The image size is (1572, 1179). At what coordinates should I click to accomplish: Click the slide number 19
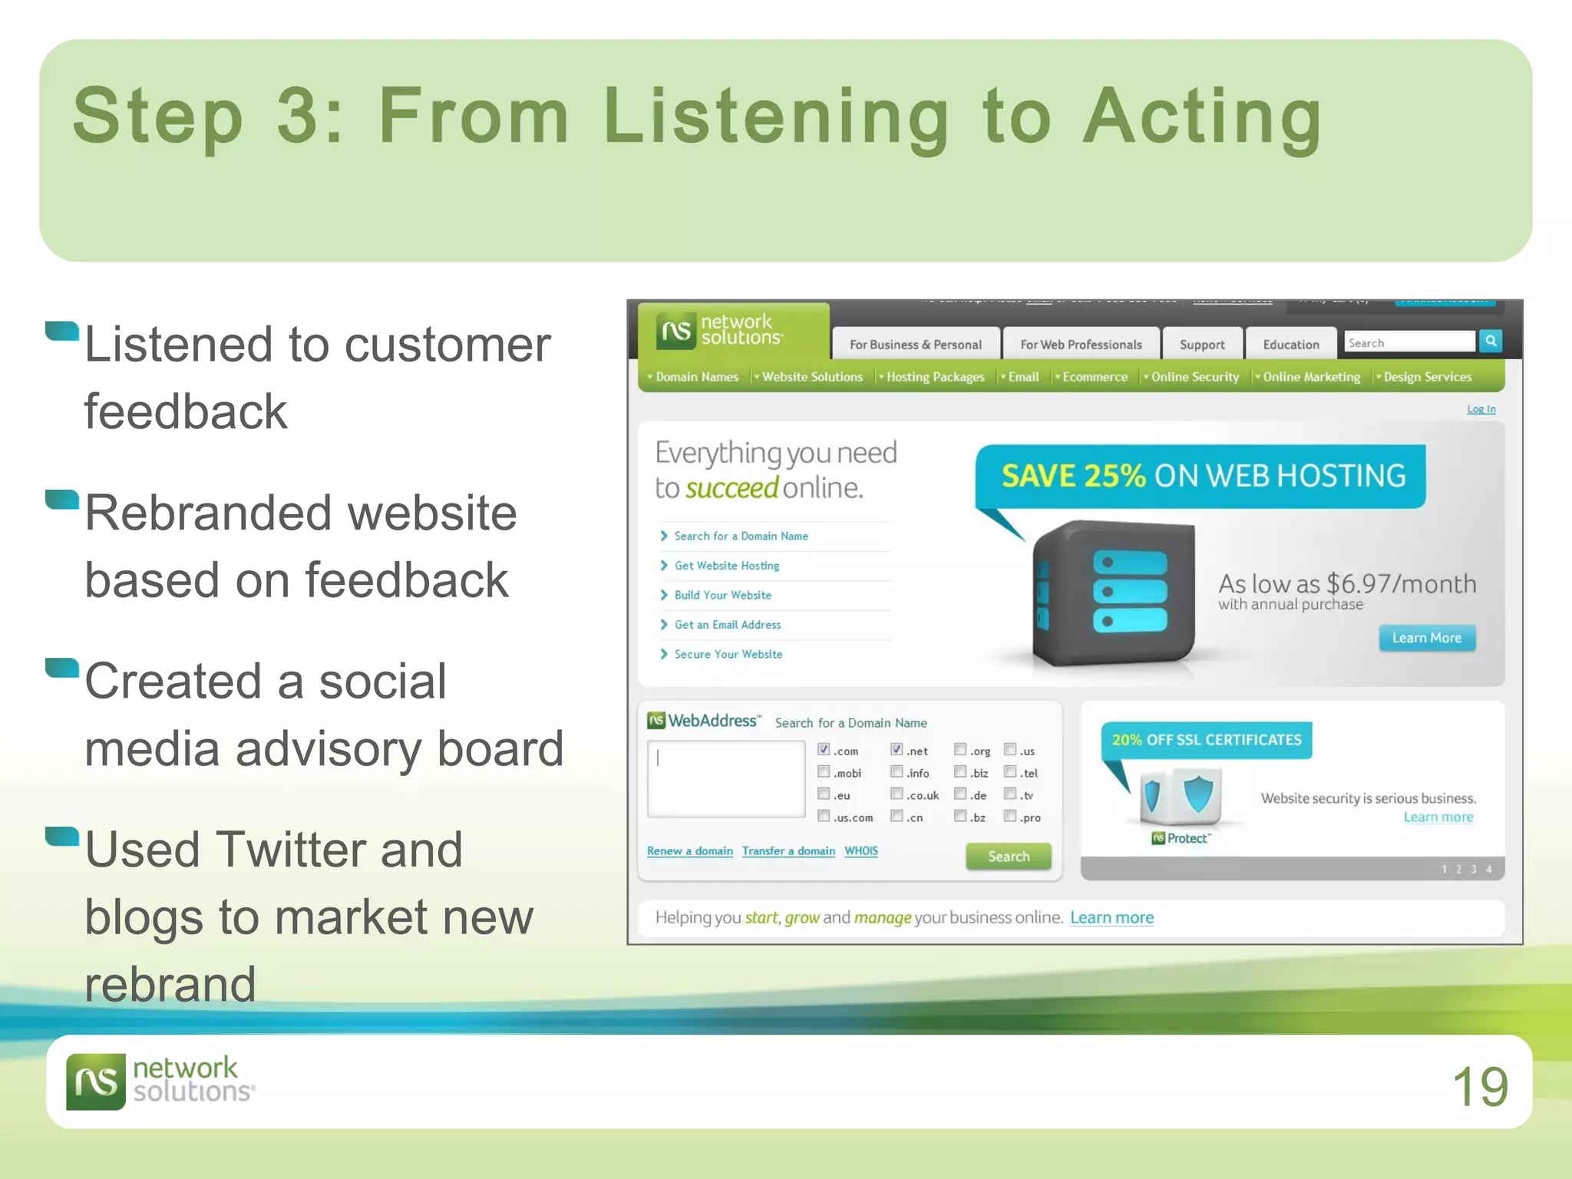[1480, 1086]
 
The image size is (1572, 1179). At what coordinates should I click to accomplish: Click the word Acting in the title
[1202, 117]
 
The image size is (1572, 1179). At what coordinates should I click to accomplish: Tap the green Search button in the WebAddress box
[1008, 856]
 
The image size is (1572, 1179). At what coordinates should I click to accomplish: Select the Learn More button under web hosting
[1426, 638]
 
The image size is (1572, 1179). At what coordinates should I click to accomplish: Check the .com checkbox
[824, 749]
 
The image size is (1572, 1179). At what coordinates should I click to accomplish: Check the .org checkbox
[960, 749]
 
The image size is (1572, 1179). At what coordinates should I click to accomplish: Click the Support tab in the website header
[1201, 345]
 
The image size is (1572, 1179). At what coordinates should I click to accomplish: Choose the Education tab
[1290, 345]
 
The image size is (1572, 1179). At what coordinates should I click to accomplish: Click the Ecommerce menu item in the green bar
[1095, 377]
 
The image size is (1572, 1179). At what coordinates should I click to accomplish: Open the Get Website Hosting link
[726, 566]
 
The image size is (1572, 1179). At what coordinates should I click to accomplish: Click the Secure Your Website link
[728, 654]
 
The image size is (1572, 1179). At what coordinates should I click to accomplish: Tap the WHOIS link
[860, 850]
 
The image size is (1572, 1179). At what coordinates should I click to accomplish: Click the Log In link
[1481, 409]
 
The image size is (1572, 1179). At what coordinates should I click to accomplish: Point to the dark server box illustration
[1113, 591]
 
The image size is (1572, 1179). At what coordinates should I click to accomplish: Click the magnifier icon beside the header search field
[1491, 342]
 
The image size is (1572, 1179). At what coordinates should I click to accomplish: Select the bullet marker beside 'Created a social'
[62, 668]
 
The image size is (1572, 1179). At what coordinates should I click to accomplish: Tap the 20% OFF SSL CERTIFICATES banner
[1206, 740]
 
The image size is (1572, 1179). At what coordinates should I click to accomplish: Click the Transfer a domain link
[788, 850]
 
